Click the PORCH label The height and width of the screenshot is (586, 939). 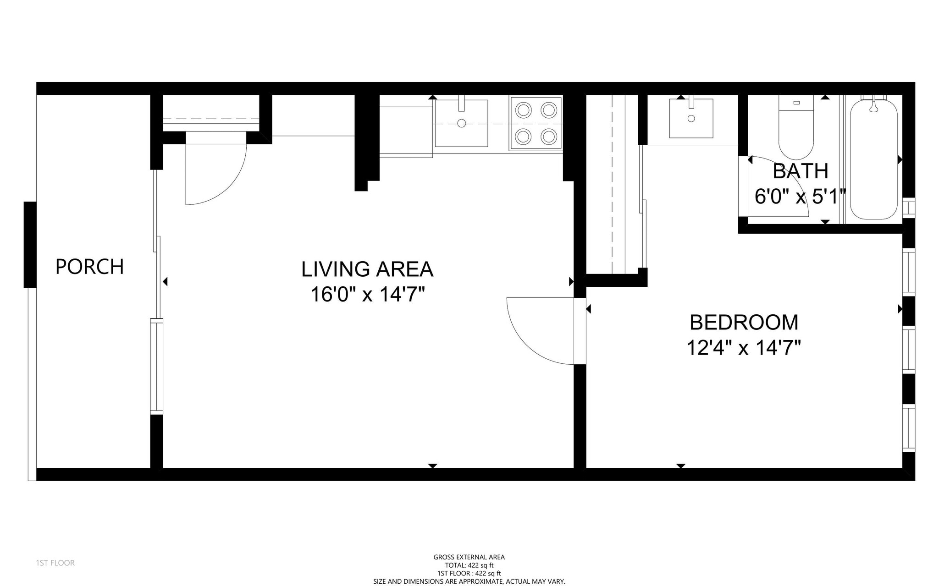[89, 267]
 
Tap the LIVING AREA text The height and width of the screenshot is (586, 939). [367, 269]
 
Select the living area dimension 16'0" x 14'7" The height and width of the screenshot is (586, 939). [367, 295]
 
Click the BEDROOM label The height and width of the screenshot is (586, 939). [744, 322]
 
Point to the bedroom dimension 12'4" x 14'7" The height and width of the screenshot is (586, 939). [744, 348]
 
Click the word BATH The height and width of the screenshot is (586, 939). [801, 171]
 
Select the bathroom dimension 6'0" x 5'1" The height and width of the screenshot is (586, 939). [800, 197]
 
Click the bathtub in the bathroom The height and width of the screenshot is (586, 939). [873, 160]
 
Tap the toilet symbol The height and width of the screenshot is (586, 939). [796, 128]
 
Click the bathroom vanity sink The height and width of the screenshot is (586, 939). [691, 118]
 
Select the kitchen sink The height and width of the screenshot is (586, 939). [461, 123]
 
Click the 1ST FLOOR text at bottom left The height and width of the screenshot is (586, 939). [55, 563]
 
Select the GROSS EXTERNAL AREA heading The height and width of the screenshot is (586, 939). [469, 557]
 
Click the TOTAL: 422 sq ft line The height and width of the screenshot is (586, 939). [469, 565]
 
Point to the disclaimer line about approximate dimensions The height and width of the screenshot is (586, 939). [469, 581]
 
